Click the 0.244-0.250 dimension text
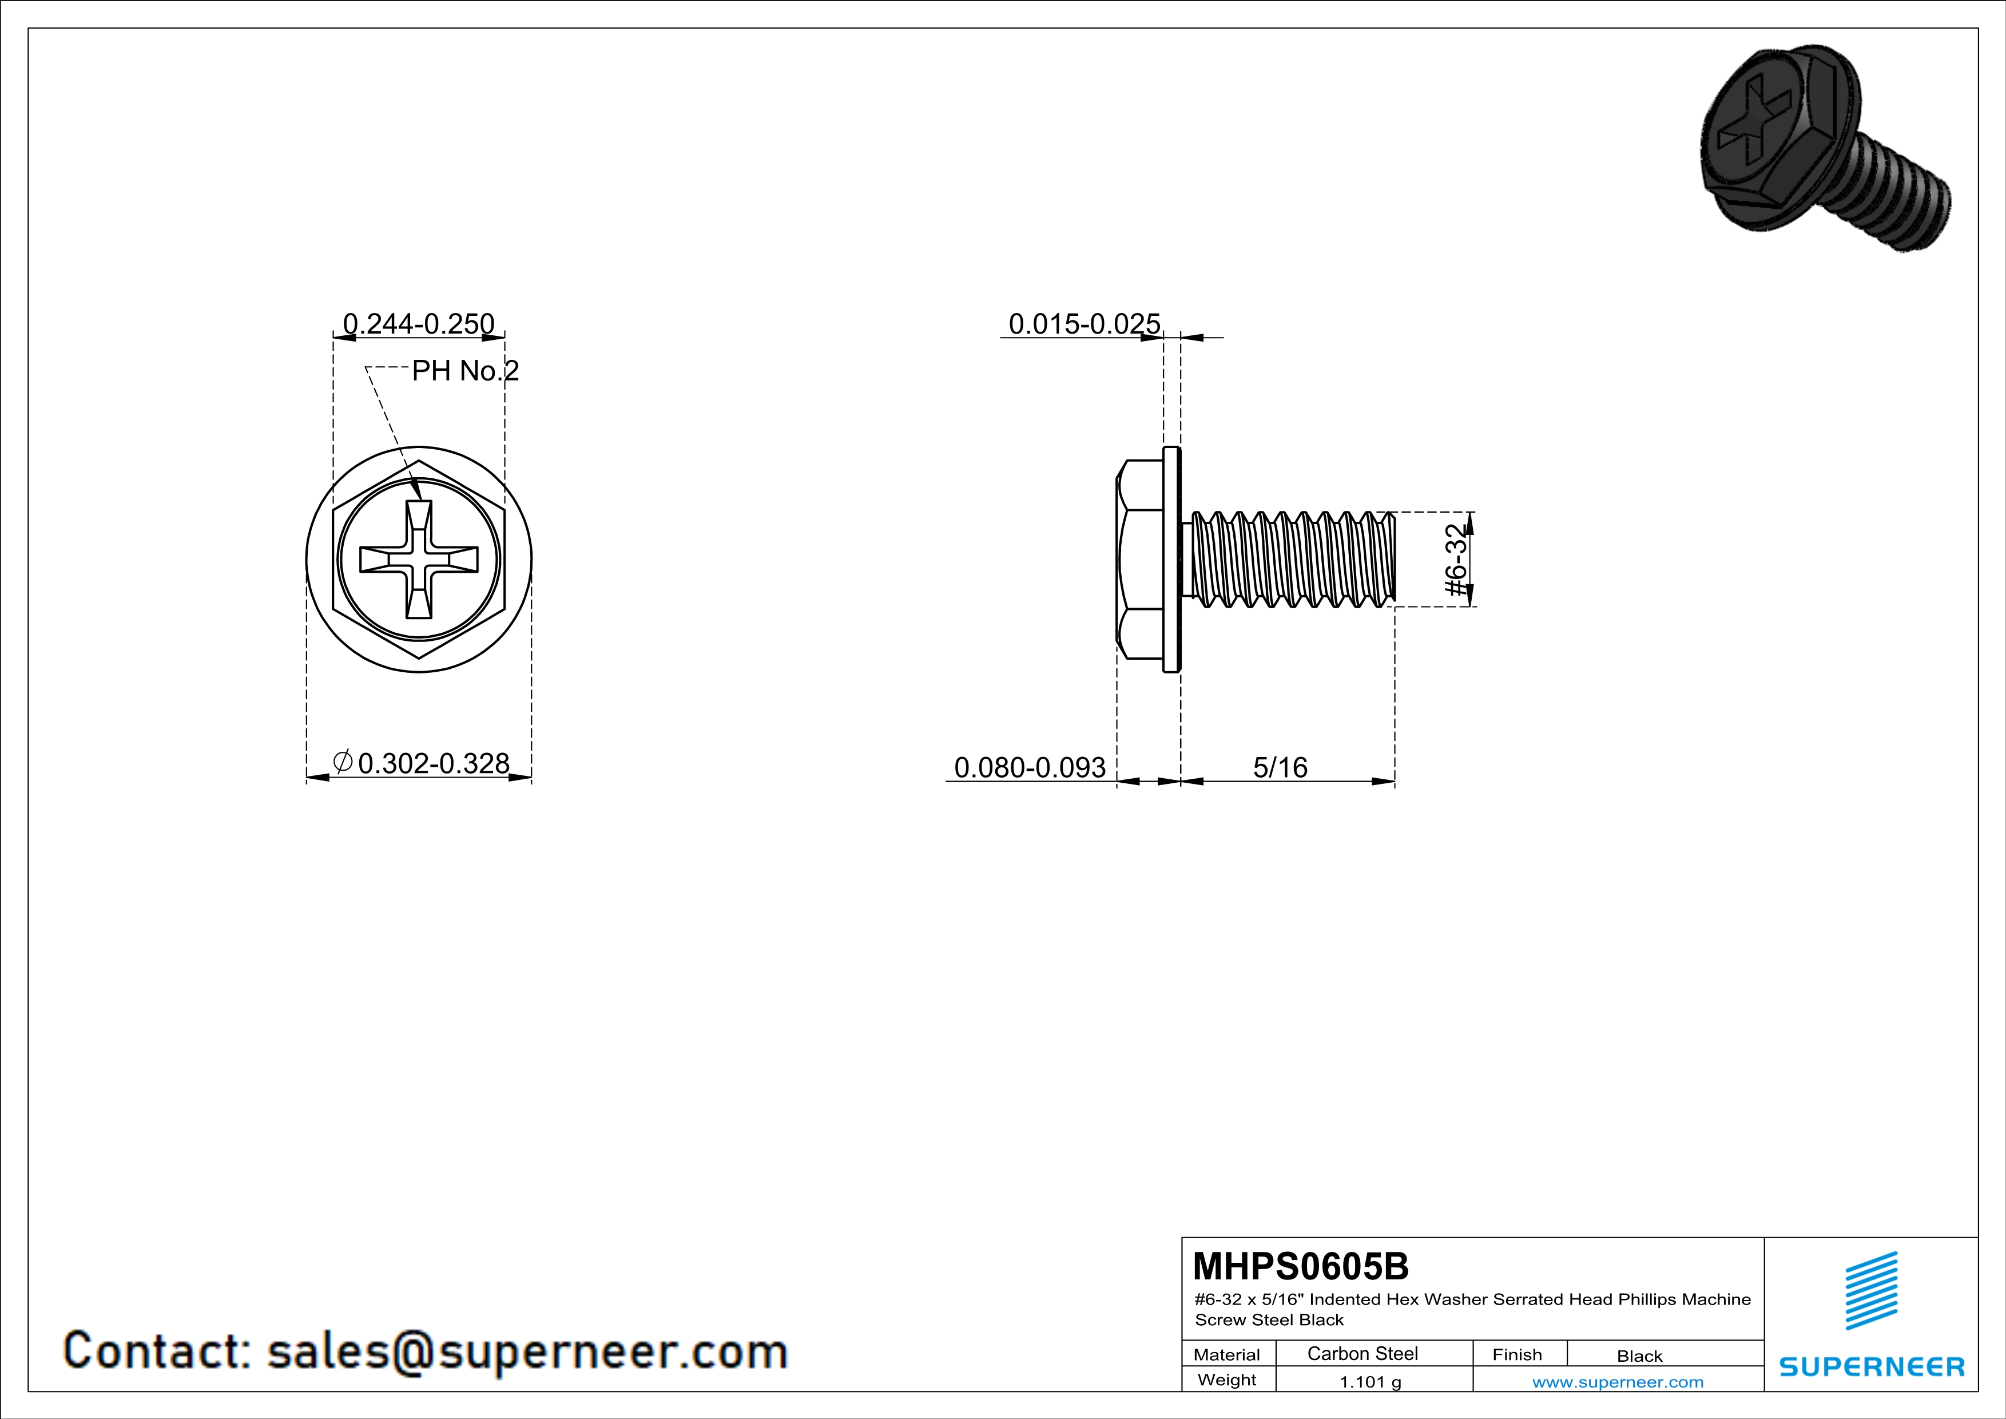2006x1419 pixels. coord(419,324)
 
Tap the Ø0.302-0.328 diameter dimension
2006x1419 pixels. coord(421,764)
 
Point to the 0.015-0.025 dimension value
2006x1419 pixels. coord(1085,324)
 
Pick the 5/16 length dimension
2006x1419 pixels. coord(1280,767)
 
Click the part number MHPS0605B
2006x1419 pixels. coord(1301,1266)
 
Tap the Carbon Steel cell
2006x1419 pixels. coord(1362,1353)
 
